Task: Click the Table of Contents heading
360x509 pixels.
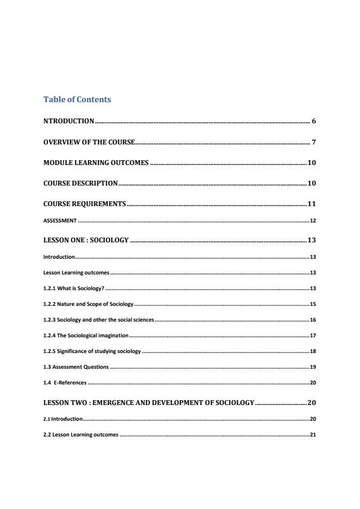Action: pos(77,99)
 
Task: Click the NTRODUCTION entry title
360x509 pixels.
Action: pos(69,122)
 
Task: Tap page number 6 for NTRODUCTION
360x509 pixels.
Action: pos(314,122)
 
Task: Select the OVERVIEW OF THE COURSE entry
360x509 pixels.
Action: pos(89,143)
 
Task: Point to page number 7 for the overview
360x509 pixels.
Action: pos(314,143)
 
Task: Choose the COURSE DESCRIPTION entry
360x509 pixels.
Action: pos(80,183)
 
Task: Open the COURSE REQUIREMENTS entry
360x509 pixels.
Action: pos(85,204)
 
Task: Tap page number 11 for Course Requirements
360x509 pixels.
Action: pos(312,204)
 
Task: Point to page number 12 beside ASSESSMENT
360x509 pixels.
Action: pos(312,221)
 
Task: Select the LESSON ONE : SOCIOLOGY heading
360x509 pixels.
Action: pos(86,241)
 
